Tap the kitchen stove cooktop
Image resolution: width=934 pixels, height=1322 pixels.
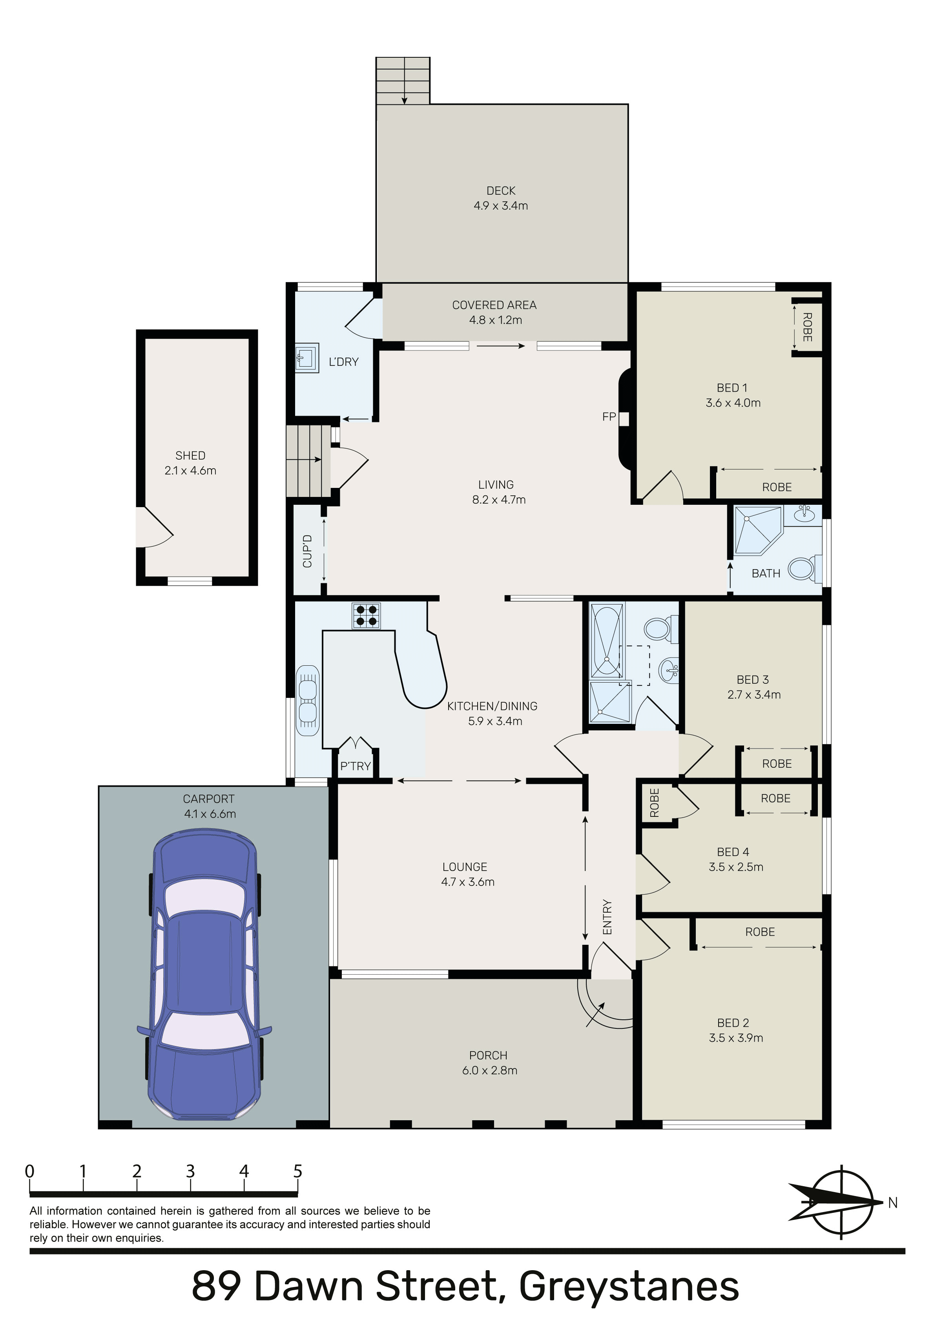click(366, 615)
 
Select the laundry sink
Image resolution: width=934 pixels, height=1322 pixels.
click(306, 358)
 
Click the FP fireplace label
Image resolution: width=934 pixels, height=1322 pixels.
click(609, 416)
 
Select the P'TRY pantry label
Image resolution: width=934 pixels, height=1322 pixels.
click(355, 766)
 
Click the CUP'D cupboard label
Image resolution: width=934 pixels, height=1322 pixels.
click(308, 551)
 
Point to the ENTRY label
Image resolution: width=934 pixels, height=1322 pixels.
click(607, 917)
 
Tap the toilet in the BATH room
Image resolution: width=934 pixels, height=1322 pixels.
click(802, 568)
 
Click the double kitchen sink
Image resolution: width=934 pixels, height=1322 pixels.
click(308, 701)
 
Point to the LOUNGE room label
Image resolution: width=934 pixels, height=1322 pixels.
click(465, 867)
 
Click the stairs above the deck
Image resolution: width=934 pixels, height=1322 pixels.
click(403, 80)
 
